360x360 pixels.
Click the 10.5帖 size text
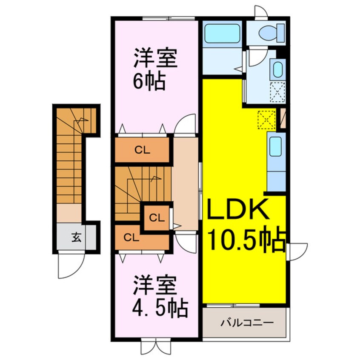pyautogui.click(x=246, y=242)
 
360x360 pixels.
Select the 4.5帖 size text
pyautogui.click(x=160, y=307)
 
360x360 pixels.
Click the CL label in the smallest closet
pyautogui.click(x=156, y=218)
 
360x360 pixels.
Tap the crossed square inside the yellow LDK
pyautogui.click(x=266, y=120)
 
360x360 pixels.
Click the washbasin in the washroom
pyautogui.click(x=277, y=69)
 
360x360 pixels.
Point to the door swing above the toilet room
pyautogui.click(x=260, y=11)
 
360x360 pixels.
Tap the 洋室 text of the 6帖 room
pyautogui.click(x=155, y=59)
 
